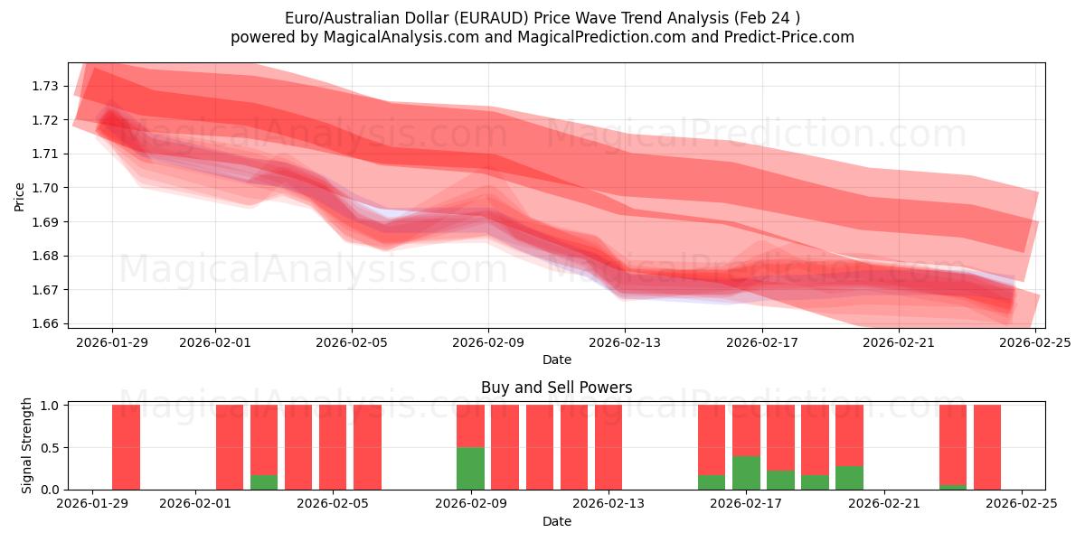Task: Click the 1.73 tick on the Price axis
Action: (x=45, y=86)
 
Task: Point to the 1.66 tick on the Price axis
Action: (x=45, y=323)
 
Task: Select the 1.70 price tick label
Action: (x=45, y=188)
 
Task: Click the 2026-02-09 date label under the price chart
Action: (x=488, y=342)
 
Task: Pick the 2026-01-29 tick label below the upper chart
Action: (x=112, y=342)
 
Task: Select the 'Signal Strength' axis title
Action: (x=27, y=445)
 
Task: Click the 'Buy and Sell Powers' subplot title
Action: (x=556, y=388)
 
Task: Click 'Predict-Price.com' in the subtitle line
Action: (x=785, y=37)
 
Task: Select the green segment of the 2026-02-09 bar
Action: (x=470, y=468)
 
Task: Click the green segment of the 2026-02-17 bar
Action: (x=746, y=472)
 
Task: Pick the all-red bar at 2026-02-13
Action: (x=609, y=447)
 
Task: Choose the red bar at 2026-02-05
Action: (x=333, y=447)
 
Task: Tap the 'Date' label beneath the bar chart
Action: (x=556, y=521)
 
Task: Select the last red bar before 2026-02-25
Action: (x=987, y=447)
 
